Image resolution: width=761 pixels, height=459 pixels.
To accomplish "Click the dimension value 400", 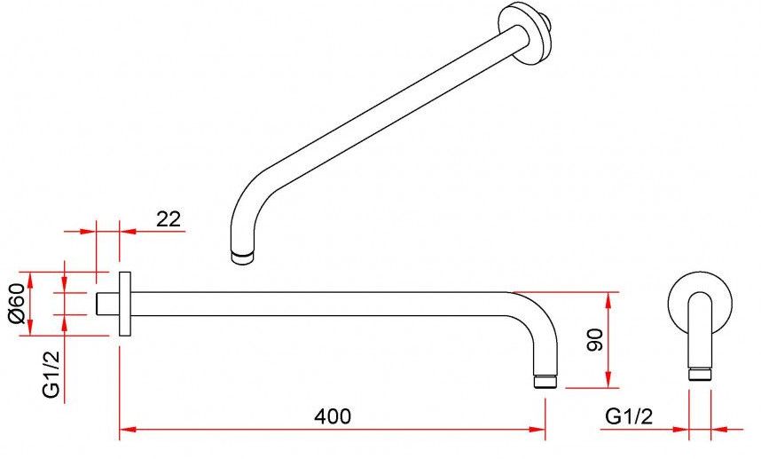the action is click(333, 416).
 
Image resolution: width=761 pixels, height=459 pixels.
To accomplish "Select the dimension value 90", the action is click(595, 339).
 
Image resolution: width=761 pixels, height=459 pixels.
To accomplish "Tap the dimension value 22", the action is click(169, 219).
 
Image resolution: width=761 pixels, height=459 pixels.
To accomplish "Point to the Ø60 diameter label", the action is click(17, 303).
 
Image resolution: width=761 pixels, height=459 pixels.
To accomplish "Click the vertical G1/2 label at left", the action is click(51, 374).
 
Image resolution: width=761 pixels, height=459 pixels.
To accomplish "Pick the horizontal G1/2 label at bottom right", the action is click(629, 416).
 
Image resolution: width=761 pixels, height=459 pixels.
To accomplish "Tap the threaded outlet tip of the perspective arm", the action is click(242, 257).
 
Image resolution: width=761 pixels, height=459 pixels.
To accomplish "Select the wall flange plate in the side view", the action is click(125, 304).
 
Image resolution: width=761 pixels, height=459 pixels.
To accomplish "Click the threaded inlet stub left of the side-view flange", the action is click(107, 304).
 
